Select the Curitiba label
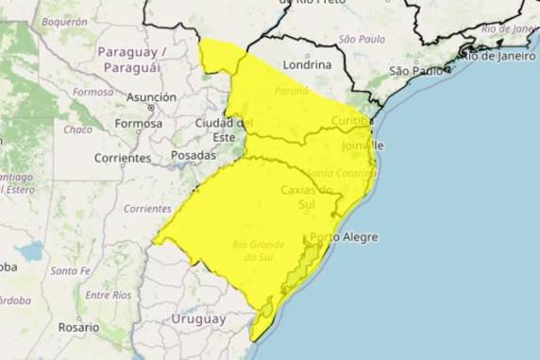(x=351, y=121)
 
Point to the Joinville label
(x=363, y=146)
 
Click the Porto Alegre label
(x=344, y=237)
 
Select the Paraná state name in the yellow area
(x=292, y=91)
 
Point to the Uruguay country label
(x=198, y=319)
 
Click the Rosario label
(x=77, y=326)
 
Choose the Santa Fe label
(x=70, y=271)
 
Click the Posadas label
(x=193, y=155)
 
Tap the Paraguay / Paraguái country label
(x=132, y=59)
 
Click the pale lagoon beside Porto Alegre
(x=305, y=267)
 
